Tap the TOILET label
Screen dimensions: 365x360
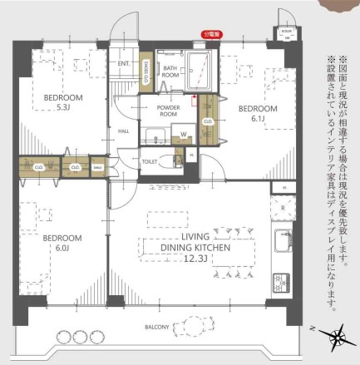[x=150, y=162]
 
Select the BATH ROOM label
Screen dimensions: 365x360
[x=170, y=72]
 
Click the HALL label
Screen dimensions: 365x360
[x=124, y=131]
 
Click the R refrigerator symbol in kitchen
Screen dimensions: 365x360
[x=283, y=209]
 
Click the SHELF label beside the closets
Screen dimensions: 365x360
[x=96, y=167]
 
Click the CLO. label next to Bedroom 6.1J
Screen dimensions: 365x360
[x=207, y=121]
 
